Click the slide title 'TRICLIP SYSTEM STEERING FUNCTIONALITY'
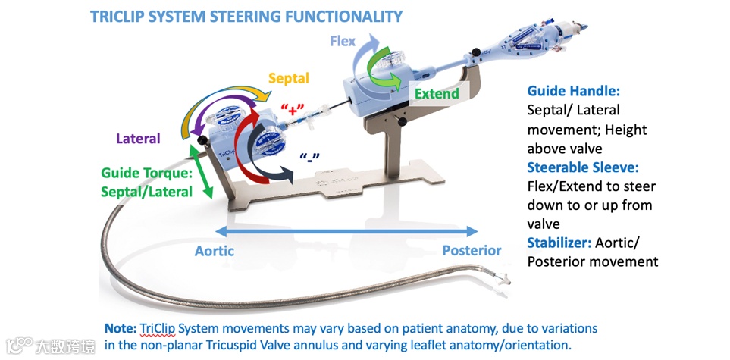pos(246,16)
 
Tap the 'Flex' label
pos(342,41)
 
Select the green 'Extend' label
pos(437,94)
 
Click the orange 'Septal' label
pos(289,77)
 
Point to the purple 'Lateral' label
pos(138,139)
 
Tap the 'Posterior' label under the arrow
pos(472,250)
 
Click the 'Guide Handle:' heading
pos(568,91)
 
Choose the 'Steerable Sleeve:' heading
pos(578,167)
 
